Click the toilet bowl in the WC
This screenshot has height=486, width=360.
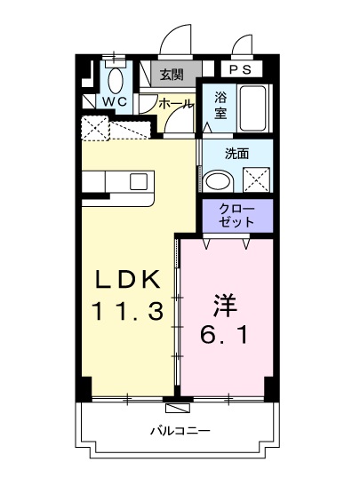[x=116, y=80]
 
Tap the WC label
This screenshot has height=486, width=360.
[x=115, y=101]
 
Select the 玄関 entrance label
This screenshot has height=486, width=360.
[x=172, y=75]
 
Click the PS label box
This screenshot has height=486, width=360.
[x=242, y=69]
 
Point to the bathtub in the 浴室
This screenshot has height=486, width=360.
[x=252, y=108]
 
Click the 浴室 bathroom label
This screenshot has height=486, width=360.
[x=220, y=106]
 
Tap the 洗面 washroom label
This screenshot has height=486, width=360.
[x=237, y=154]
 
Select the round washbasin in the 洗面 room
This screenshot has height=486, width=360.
[x=219, y=180]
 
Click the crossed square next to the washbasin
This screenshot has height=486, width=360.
[x=256, y=179]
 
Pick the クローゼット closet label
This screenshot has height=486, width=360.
[x=236, y=215]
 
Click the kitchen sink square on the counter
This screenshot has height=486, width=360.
[x=139, y=181]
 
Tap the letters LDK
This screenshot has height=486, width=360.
[x=128, y=279]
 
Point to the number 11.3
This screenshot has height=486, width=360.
[x=127, y=312]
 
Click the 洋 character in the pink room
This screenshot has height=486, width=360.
[x=226, y=306]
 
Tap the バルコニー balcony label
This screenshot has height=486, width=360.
[x=180, y=431]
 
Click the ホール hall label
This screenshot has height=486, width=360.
[x=175, y=104]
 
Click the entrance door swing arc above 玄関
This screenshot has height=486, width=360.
[x=175, y=41]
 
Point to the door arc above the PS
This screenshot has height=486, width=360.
[x=243, y=45]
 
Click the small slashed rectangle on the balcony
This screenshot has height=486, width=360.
[x=177, y=408]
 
